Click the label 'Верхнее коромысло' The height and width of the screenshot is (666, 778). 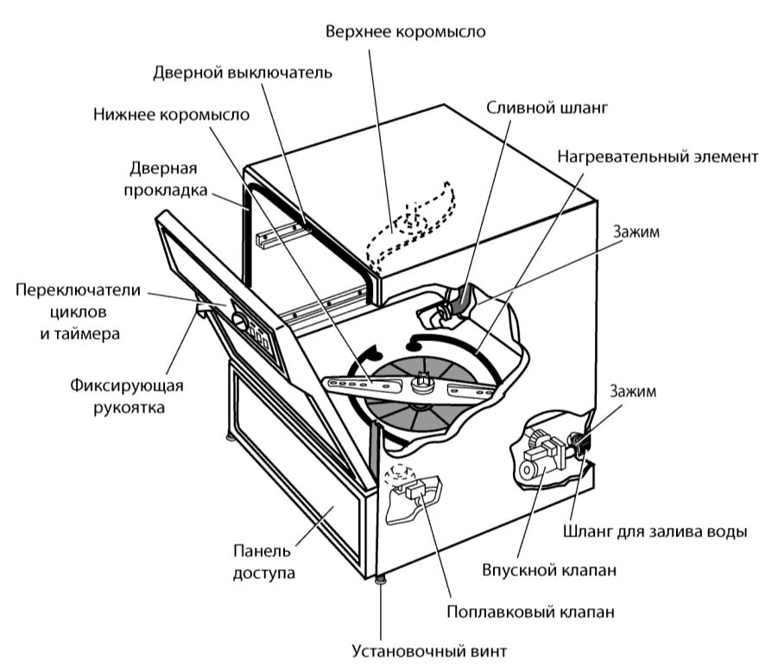405,32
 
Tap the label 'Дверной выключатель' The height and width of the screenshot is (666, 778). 242,73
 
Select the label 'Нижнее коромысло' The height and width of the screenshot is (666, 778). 172,115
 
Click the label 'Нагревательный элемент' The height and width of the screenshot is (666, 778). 657,157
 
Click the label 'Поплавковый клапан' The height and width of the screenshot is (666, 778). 530,612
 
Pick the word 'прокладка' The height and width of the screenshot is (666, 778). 169,190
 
